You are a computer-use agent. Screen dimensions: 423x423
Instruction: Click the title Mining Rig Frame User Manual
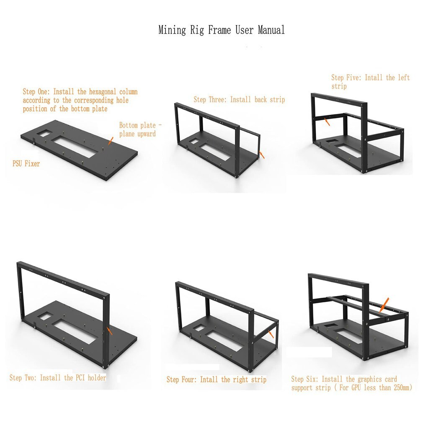click(221, 30)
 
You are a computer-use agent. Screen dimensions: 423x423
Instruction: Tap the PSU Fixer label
click(26, 164)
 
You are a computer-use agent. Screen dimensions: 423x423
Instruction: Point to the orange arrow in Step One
click(110, 141)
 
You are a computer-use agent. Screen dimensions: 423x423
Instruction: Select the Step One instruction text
click(80, 100)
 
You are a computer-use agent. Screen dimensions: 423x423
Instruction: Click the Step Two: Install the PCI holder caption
click(58, 378)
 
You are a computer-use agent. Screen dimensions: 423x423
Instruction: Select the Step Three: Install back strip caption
click(239, 100)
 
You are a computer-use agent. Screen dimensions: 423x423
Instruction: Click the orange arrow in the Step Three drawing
click(262, 155)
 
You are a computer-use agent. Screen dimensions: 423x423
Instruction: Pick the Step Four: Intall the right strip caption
click(216, 379)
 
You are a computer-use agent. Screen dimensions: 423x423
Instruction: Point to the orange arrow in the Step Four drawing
click(271, 334)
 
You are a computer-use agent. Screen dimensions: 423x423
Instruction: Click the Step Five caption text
click(370, 82)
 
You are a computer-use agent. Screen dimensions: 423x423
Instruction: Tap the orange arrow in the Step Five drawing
click(328, 121)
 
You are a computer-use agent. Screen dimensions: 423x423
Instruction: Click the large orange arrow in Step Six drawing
click(383, 305)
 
